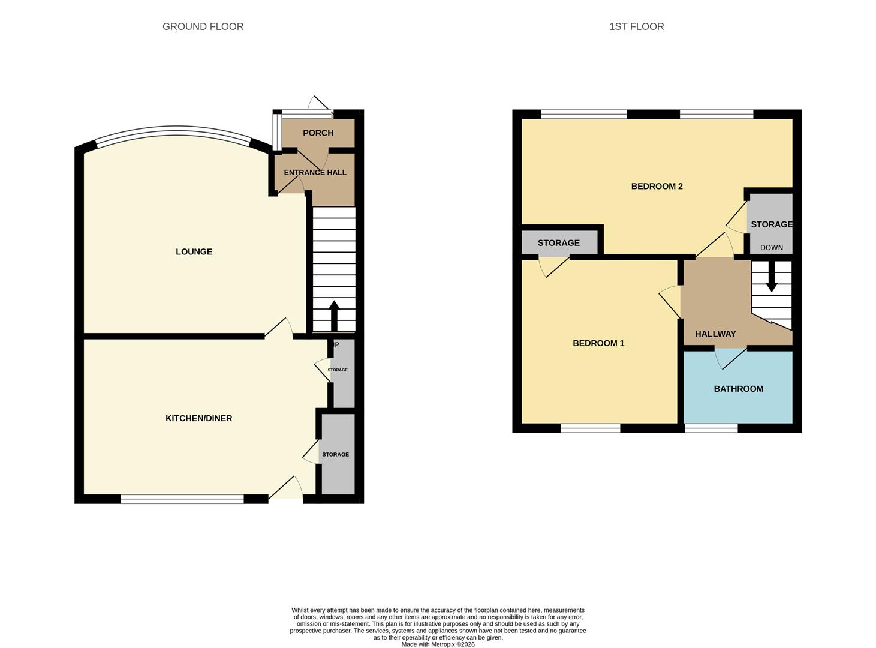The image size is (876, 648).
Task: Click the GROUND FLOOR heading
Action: coord(203,26)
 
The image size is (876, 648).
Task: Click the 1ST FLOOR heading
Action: coord(636,26)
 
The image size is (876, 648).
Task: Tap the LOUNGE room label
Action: coord(194,251)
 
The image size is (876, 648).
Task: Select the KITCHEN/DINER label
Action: coord(198,418)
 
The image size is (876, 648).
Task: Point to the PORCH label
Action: coord(318,133)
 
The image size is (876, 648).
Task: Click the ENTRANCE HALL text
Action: coord(315,172)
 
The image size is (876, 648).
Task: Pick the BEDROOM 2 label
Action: coord(657,186)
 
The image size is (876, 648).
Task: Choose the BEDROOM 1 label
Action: coord(598,343)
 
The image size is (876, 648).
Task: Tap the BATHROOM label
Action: coord(738,389)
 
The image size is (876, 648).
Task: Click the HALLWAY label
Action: coord(715,334)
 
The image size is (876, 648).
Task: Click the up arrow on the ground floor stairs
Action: coord(334,316)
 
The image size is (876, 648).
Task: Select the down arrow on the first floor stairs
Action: coord(772,278)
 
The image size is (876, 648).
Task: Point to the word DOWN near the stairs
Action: coord(771,247)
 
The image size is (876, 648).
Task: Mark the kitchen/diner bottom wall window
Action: coord(182,499)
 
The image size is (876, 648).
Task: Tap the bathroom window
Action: coord(711,428)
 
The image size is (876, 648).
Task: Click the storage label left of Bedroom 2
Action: coord(558,243)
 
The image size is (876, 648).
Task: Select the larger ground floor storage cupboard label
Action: coord(335,454)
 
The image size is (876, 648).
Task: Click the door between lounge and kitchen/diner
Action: coord(279,328)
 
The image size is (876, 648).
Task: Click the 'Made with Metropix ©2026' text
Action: coord(438,644)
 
